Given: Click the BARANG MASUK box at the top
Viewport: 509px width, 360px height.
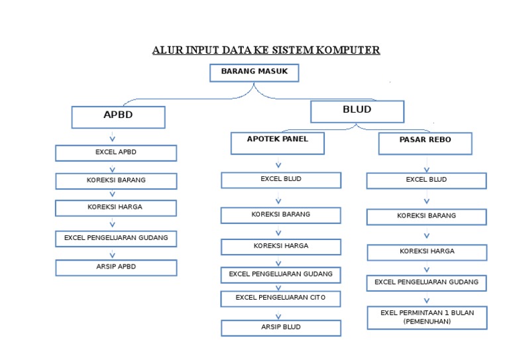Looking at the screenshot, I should (254, 72).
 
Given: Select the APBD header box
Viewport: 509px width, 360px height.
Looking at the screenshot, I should (118, 117).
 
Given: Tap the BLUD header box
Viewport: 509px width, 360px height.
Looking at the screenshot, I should (357, 111).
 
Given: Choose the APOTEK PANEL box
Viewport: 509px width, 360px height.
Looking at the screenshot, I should (277, 143).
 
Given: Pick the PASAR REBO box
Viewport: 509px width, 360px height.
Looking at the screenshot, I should (425, 143).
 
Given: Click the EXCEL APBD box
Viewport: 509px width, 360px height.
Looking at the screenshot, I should (115, 153).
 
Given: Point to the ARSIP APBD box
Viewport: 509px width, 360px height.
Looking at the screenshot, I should (115, 267).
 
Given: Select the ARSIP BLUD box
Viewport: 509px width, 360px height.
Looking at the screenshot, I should (280, 328).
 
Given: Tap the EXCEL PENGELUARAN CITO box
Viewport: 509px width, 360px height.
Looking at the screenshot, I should (280, 298).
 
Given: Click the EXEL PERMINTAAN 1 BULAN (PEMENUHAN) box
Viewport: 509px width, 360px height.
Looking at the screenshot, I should (426, 317).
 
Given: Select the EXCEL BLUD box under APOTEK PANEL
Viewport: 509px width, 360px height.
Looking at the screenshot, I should (280, 180).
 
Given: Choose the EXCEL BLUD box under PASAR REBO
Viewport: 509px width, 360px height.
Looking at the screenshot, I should (426, 180).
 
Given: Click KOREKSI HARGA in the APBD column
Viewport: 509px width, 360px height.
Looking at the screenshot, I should (115, 208).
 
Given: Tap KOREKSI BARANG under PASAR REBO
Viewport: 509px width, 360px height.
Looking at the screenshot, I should (426, 216).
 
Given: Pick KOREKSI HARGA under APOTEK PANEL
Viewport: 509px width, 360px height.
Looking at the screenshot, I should (280, 247).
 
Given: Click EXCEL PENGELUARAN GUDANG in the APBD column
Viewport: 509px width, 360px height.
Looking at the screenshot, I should (115, 238).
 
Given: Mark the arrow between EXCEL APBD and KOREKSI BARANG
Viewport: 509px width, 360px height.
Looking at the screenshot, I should (113, 168).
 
